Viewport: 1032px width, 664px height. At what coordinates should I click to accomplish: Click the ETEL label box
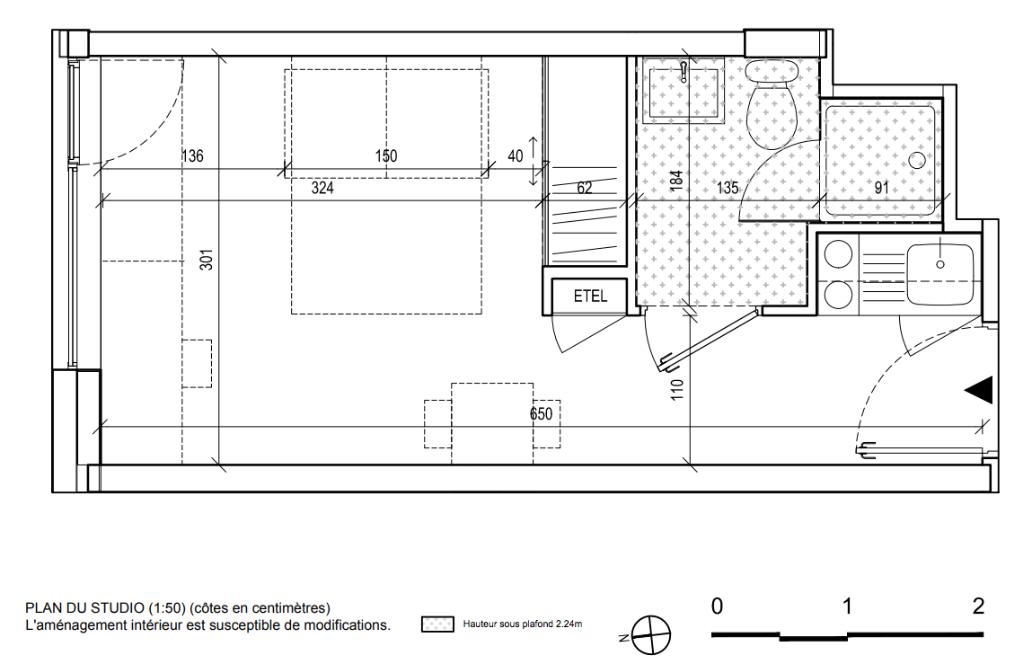click(x=589, y=296)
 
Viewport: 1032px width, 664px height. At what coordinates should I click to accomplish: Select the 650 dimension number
click(x=541, y=414)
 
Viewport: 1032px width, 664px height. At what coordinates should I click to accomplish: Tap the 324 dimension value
click(x=322, y=189)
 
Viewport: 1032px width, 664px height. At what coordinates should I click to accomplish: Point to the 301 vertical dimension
click(x=207, y=260)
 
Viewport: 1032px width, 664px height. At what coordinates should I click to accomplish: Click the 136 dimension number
click(x=192, y=156)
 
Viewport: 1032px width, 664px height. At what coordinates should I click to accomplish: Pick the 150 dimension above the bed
click(x=386, y=156)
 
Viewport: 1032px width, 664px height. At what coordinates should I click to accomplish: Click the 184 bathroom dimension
click(x=676, y=181)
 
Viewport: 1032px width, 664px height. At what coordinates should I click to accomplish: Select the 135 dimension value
click(x=728, y=189)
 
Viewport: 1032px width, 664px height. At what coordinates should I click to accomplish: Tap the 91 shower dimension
click(x=881, y=189)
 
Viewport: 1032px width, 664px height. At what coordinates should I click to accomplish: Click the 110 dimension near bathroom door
click(x=677, y=390)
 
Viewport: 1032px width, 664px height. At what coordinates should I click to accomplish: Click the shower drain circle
click(x=917, y=160)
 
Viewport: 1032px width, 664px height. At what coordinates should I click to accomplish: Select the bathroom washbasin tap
click(x=684, y=70)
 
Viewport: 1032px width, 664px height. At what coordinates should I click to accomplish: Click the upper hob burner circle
click(x=839, y=254)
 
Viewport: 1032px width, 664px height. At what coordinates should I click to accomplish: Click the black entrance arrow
click(x=979, y=390)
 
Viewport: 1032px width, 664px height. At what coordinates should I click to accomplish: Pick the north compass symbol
click(x=649, y=636)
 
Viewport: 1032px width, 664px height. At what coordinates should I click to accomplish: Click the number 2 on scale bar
click(x=979, y=606)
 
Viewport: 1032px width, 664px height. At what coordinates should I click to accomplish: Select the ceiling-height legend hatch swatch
click(x=437, y=624)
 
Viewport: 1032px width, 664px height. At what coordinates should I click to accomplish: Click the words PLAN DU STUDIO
click(x=85, y=608)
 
